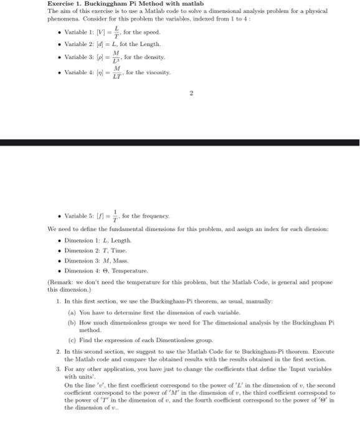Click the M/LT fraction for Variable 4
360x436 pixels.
(x=116, y=73)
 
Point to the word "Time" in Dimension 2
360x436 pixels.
(x=116, y=250)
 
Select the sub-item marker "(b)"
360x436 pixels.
(x=72, y=323)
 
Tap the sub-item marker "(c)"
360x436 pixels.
(x=72, y=340)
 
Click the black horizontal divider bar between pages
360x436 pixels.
(x=180, y=143)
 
